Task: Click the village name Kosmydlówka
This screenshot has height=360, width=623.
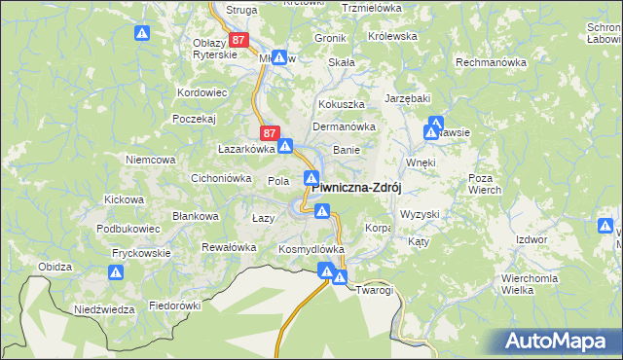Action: pyautogui.click(x=311, y=249)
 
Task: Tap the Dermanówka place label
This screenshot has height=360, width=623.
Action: pyautogui.click(x=343, y=126)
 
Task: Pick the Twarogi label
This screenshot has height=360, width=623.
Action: pyautogui.click(x=374, y=290)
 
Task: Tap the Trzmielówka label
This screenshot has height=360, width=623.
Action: pyautogui.click(x=372, y=8)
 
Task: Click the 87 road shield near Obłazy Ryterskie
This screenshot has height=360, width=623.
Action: pyautogui.click(x=240, y=40)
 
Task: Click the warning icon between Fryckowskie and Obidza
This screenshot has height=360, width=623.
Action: pyautogui.click(x=116, y=273)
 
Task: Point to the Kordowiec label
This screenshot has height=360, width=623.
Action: pyautogui.click(x=202, y=93)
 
